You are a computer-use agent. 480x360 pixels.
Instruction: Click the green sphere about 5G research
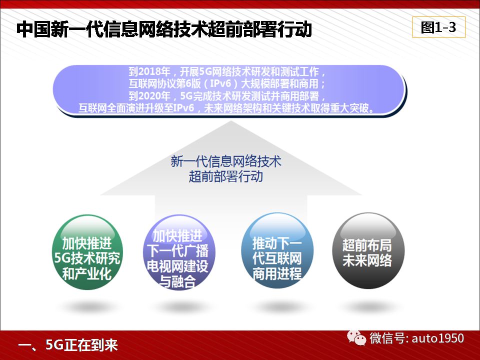pos(87,252)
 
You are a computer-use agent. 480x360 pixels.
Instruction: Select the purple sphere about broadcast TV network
pos(179,252)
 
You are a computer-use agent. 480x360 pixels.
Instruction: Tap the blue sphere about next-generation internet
pos(277,251)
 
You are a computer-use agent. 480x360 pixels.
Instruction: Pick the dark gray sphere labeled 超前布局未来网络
pos(368,251)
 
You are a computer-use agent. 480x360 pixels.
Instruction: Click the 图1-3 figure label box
pos(438,27)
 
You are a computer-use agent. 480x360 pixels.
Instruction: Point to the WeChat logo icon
pos(356,337)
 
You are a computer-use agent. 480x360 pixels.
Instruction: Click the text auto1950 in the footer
pos(438,338)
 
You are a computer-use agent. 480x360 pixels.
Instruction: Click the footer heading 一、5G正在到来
pos(68,345)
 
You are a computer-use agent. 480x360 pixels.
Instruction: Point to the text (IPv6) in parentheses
pos(220,83)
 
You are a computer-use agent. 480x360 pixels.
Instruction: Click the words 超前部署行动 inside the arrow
pos(226,176)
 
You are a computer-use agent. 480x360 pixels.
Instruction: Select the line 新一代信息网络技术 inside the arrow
pos(226,161)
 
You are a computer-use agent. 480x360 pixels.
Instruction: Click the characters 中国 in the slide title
pos(33,29)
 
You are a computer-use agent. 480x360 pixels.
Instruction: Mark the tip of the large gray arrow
pos(231,121)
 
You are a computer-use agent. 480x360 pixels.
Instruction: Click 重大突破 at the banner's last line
pos(349,108)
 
